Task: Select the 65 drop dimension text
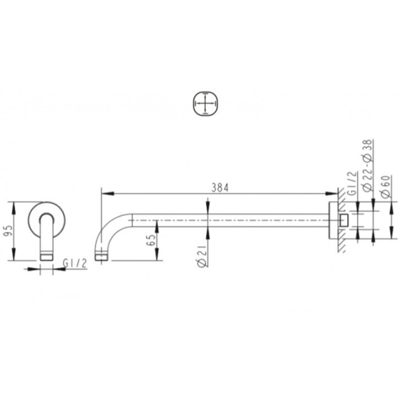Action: [151, 239]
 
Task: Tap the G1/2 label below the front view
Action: [74, 263]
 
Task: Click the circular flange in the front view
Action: [47, 215]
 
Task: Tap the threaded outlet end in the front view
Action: [47, 254]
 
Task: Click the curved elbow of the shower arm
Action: [111, 228]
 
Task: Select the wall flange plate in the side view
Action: [332, 219]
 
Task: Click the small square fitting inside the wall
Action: [342, 220]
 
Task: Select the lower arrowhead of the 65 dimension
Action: [159, 254]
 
